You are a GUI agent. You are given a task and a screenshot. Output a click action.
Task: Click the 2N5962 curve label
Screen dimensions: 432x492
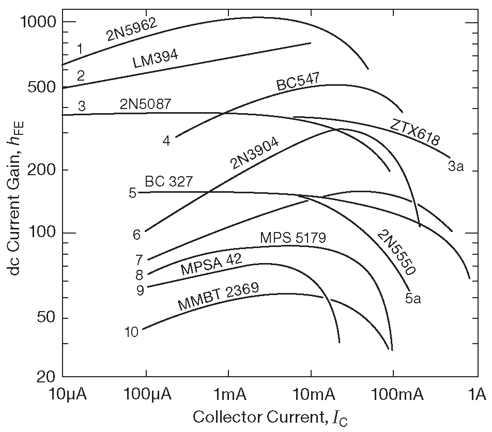[x=131, y=29]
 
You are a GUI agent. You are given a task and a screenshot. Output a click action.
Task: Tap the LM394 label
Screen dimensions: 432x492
[x=155, y=60]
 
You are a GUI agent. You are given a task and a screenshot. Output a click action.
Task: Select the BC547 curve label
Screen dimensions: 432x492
[x=298, y=82]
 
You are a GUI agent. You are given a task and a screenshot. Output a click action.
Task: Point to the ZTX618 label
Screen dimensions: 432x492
[x=416, y=131]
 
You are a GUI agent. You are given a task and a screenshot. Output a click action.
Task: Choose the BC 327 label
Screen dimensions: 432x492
[x=168, y=181]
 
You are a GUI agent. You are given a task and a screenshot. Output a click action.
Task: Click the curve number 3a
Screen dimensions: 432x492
[x=455, y=166]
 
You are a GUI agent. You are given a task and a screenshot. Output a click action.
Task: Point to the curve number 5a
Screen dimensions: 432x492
[x=412, y=298]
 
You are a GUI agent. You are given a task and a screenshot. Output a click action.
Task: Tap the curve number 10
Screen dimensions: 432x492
[x=131, y=332]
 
